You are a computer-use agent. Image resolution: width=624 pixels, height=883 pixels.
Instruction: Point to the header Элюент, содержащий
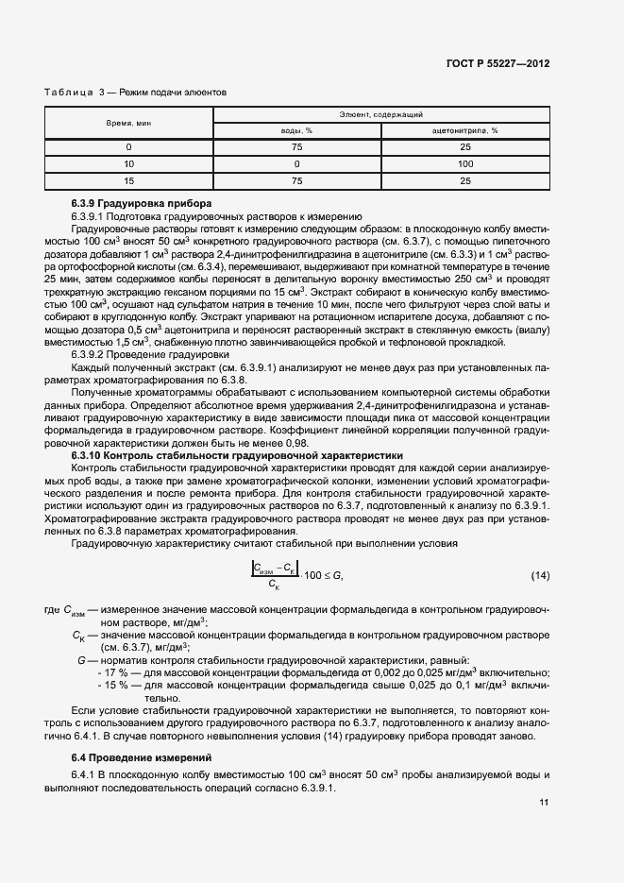pyautogui.click(x=381, y=113)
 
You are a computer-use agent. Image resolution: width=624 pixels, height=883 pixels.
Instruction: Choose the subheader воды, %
pyautogui.click(x=297, y=130)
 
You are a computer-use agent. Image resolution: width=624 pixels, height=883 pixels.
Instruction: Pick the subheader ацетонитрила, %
pyautogui.click(x=465, y=130)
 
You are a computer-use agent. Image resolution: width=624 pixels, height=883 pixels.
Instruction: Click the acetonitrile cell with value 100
pyautogui.click(x=465, y=163)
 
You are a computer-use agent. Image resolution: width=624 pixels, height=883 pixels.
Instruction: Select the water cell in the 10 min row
pyautogui.click(x=297, y=163)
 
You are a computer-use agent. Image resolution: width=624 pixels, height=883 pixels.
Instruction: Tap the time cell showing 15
pyautogui.click(x=128, y=179)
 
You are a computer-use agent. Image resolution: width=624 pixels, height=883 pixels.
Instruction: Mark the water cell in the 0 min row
pyautogui.click(x=297, y=147)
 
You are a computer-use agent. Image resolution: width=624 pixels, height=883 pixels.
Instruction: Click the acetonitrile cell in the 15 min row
pyautogui.click(x=465, y=179)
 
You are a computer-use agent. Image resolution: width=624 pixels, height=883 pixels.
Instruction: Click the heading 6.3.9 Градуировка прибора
pyautogui.click(x=142, y=204)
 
